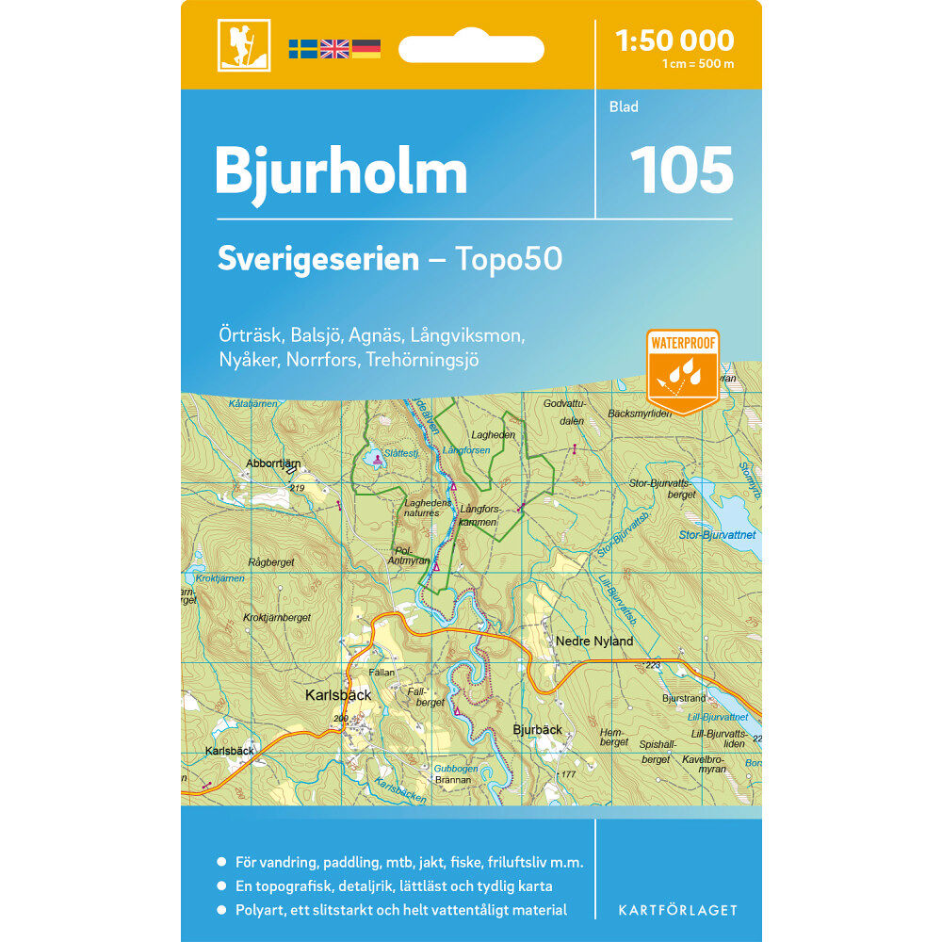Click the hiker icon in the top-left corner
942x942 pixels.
[x=244, y=45]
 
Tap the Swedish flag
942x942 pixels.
[x=302, y=49]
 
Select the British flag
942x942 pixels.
[x=334, y=49]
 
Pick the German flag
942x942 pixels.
[x=366, y=49]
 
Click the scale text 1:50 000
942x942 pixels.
[x=674, y=41]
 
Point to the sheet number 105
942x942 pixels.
[x=681, y=170]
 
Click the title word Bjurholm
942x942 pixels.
[x=341, y=171]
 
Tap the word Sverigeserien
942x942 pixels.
[x=317, y=259]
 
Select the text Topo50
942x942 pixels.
[x=509, y=259]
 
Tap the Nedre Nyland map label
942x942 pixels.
[x=594, y=642]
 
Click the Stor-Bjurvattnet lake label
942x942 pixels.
[x=717, y=535]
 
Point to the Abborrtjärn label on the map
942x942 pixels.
[x=272, y=463]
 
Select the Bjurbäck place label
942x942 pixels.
[x=537, y=729]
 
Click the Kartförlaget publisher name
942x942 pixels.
[x=677, y=910]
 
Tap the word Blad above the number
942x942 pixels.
[x=624, y=106]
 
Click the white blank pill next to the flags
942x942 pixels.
[x=471, y=49]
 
